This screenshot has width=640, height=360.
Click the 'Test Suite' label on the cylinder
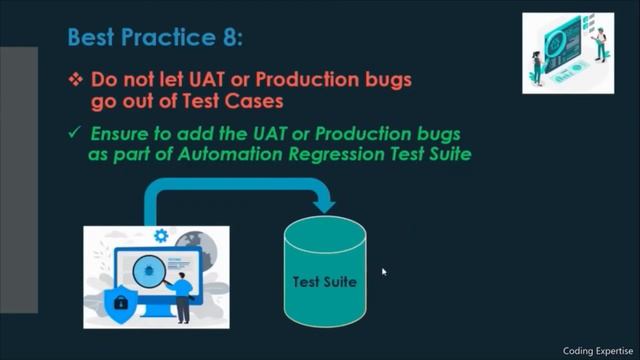tap(325, 281)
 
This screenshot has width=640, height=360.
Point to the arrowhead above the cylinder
tap(324, 205)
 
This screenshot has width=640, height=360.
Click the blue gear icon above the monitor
tap(160, 236)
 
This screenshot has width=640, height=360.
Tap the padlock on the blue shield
tap(121, 301)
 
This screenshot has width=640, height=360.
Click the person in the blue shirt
tap(184, 289)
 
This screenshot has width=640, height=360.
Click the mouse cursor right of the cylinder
tap(384, 271)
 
